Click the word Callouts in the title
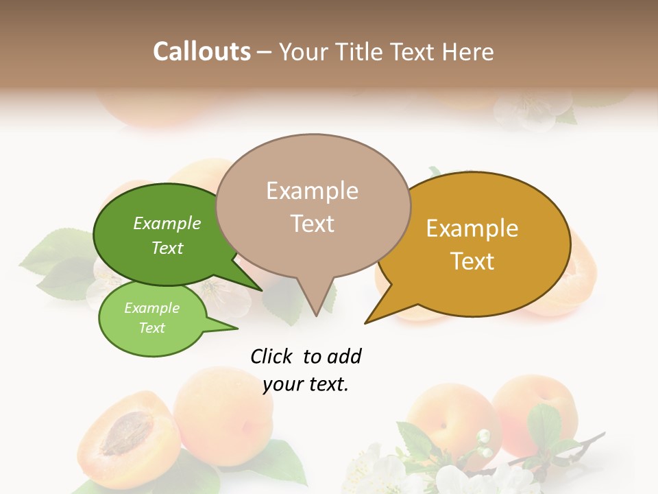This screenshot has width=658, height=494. (202, 51)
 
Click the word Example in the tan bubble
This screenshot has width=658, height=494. (312, 191)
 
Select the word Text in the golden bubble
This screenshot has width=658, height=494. (472, 261)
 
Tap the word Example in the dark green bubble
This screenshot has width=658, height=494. (167, 223)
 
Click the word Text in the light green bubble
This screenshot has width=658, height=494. (151, 328)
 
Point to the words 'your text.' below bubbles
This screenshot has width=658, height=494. (306, 384)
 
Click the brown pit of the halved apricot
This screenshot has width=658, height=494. (126, 434)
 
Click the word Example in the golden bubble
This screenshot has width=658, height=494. (472, 228)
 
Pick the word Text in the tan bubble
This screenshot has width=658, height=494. (313, 224)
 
